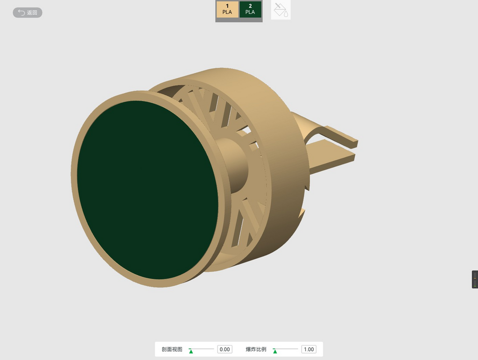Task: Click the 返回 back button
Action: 28,13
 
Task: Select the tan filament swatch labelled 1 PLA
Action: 227,9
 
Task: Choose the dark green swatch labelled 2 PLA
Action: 250,9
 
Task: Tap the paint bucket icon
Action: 281,10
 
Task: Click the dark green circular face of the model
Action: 148,190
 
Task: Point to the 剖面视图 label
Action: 172,349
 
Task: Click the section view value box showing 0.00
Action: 225,349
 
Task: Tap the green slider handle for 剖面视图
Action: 191,351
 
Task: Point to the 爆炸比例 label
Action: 256,349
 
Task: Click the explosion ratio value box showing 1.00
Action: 309,349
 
